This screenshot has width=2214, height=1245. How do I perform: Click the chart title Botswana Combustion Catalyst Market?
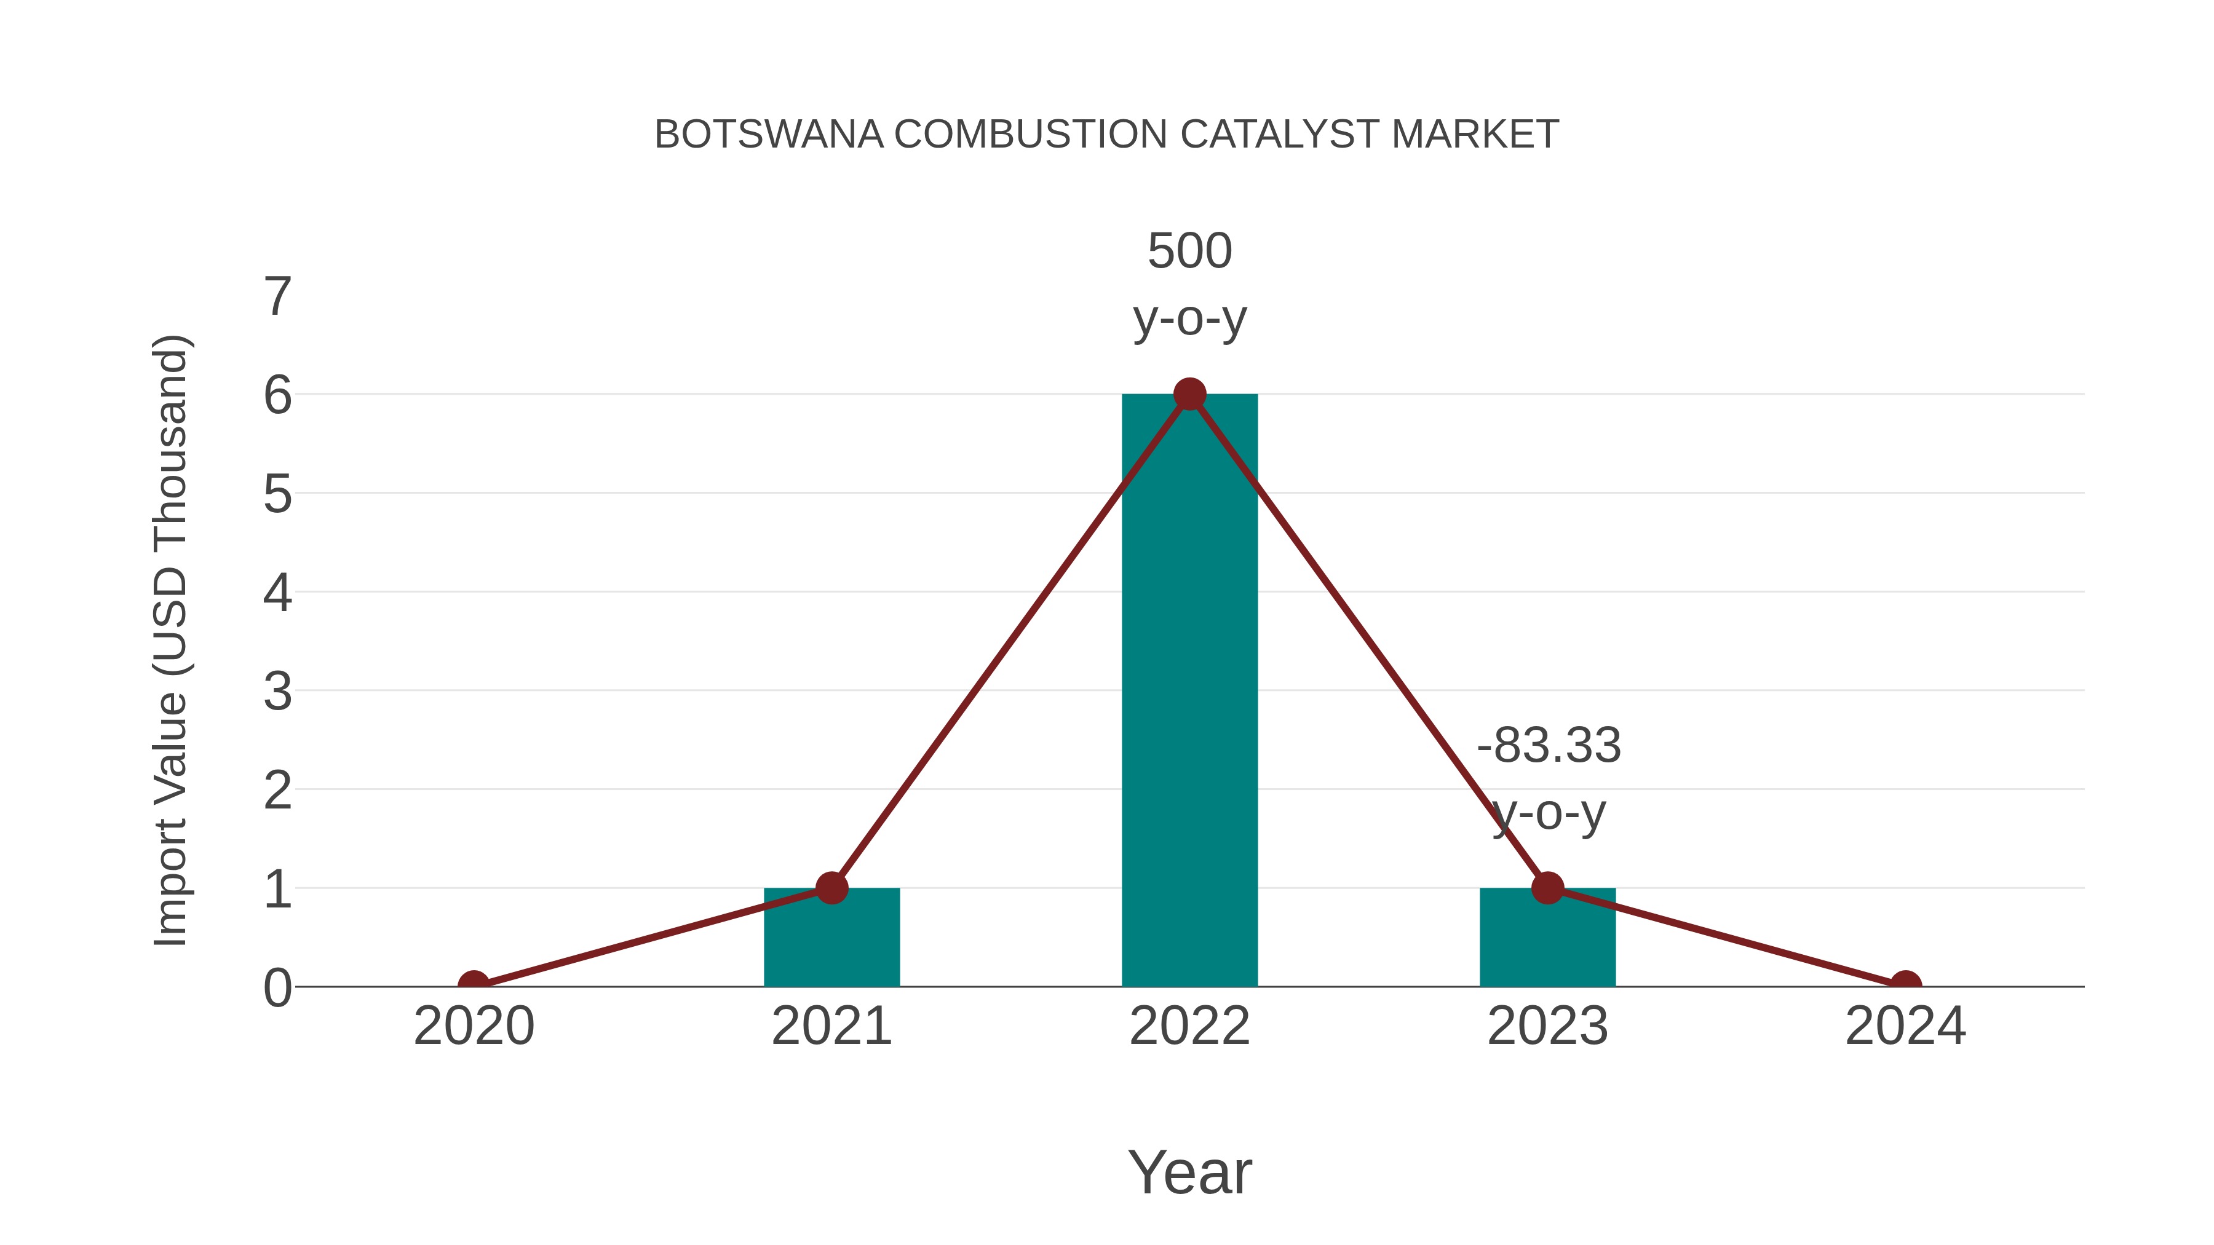(x=1106, y=135)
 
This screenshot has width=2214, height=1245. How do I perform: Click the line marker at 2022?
(x=1189, y=394)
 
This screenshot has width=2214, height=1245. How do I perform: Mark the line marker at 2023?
(x=1547, y=888)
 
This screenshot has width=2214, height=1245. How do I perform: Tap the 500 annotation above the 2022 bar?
(x=1189, y=251)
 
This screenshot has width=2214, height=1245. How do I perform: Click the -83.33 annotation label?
(x=1549, y=745)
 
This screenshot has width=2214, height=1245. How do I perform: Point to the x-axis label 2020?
(x=474, y=1026)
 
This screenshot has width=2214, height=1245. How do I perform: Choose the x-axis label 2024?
(x=1905, y=1026)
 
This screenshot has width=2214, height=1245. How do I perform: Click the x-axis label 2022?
(x=1189, y=1026)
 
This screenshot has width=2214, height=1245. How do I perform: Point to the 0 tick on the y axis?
(x=277, y=988)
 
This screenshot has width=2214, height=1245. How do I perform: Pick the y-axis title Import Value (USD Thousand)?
(x=170, y=640)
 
